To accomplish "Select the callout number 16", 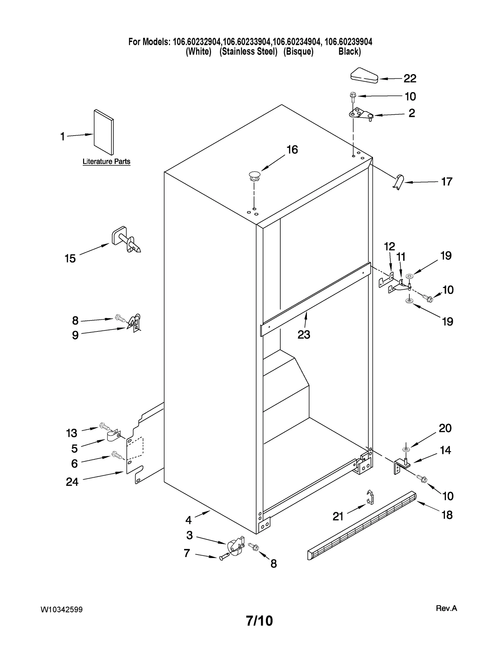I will pyautogui.click(x=292, y=150).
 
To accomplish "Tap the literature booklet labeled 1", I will pyautogui.click(x=104, y=132).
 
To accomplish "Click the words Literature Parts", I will pyautogui.click(x=106, y=162).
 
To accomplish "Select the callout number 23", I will pyautogui.click(x=303, y=335).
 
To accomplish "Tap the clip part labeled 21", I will pyautogui.click(x=370, y=497).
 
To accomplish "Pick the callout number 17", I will pyautogui.click(x=447, y=182).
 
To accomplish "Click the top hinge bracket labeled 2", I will pyautogui.click(x=361, y=114).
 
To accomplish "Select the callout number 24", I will pyautogui.click(x=72, y=482).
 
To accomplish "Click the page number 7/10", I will pyautogui.click(x=259, y=621).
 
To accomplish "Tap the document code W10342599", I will pyautogui.click(x=62, y=610).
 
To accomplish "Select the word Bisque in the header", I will pyautogui.click(x=298, y=52).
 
